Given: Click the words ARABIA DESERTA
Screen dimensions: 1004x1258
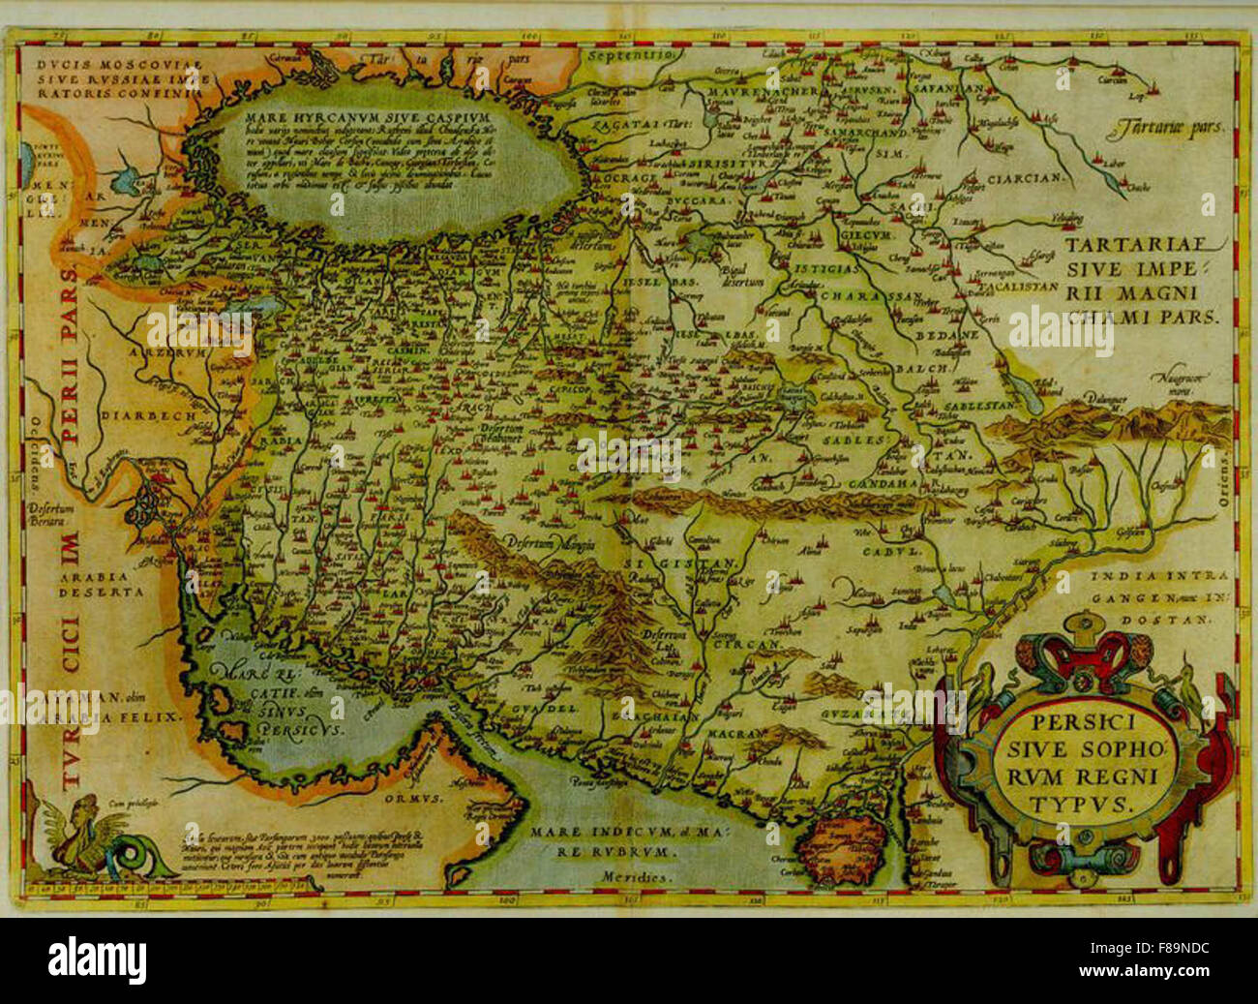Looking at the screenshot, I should tap(101, 583).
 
